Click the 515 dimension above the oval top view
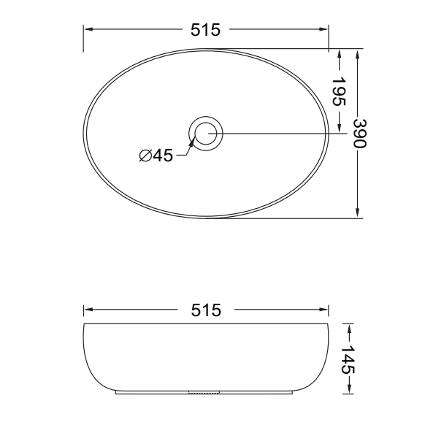205,30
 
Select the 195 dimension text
339,91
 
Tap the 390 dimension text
359,133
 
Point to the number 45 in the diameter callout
163,156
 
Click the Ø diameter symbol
145,156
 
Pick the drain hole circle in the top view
206,134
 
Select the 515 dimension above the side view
205,310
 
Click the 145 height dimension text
348,360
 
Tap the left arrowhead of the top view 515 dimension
88,30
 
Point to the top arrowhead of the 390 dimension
359,54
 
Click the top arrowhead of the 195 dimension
339,54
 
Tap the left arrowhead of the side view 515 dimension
88,310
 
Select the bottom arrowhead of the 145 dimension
348,389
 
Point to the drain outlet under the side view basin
204,393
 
